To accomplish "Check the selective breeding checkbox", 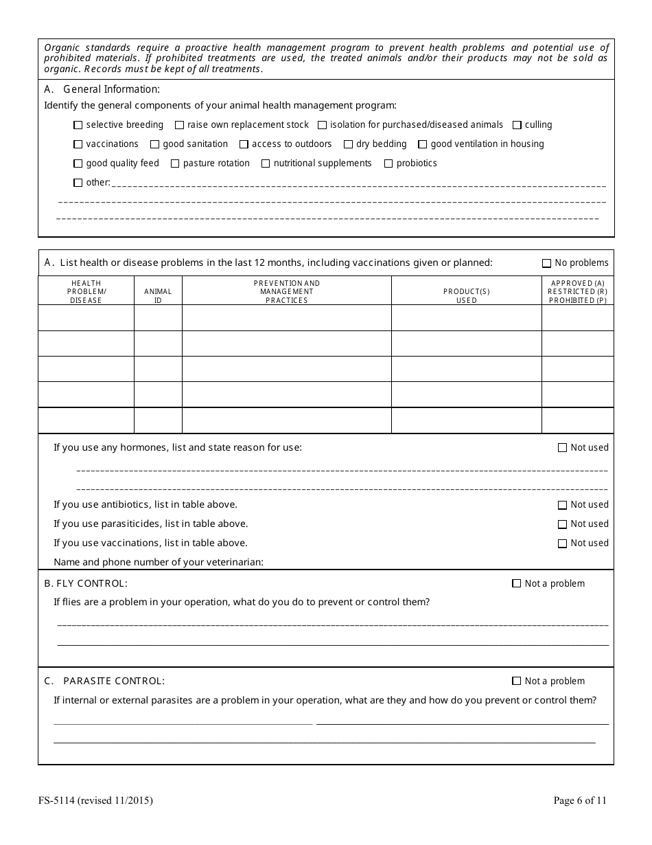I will tap(78, 125).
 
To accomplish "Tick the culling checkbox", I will tap(517, 125).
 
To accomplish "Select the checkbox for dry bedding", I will tap(348, 144).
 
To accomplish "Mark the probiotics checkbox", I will tap(388, 164).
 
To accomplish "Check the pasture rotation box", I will tap(175, 164).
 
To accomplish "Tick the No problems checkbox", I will tap(546, 263).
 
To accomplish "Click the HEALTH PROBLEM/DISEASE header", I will tap(86, 291).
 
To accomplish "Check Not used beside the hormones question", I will tap(562, 448).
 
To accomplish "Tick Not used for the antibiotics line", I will tap(562, 505).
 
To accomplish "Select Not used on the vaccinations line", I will tap(562, 543).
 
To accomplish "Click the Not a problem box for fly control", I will tap(517, 584).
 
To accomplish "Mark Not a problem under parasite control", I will tap(517, 681).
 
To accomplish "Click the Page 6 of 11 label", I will tap(580, 800).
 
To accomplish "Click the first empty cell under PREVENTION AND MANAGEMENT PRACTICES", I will tap(286, 318).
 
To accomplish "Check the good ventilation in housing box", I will tap(423, 144).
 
